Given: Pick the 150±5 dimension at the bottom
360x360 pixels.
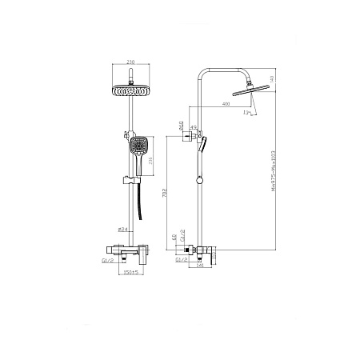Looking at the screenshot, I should click(131, 273).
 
